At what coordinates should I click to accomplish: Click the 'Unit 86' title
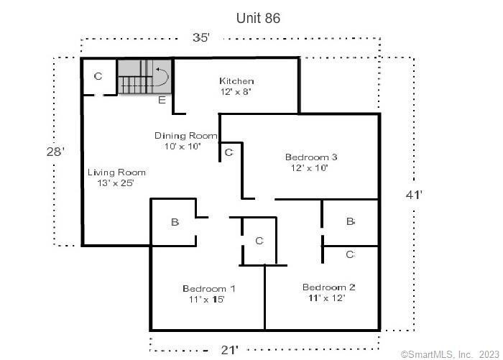[258, 18]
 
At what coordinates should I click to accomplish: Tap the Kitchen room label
[236, 81]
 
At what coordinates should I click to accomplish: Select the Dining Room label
[185, 136]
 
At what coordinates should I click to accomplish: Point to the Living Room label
[116, 172]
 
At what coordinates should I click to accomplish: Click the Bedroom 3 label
[311, 157]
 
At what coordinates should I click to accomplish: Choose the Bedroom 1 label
[209, 288]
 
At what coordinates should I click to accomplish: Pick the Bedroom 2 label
[329, 287]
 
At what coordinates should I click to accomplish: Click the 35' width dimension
[201, 37]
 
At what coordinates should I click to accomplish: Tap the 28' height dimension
[55, 152]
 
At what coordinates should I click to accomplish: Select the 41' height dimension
[414, 195]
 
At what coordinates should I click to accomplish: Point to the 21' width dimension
[229, 350]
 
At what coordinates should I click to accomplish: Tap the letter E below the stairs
[162, 100]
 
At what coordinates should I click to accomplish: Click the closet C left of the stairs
[98, 76]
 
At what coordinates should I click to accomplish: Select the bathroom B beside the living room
[175, 222]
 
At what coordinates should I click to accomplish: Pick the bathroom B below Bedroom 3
[351, 221]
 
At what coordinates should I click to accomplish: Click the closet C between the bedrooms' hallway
[259, 241]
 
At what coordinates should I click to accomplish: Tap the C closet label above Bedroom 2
[350, 255]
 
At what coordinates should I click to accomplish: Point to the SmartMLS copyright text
[450, 354]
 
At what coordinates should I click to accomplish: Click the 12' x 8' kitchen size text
[236, 92]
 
